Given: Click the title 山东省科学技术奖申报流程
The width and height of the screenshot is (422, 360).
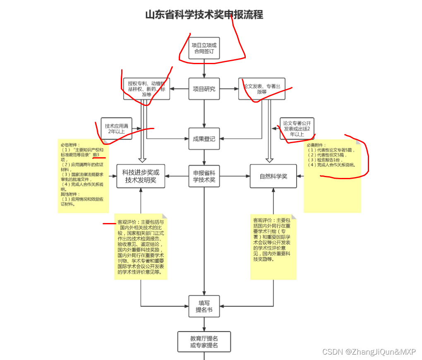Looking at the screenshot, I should [204, 15].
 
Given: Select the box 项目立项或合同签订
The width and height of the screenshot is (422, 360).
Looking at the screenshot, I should [204, 48].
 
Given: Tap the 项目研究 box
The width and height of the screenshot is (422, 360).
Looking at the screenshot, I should [204, 89].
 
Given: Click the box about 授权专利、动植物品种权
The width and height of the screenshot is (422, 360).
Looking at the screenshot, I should [146, 89].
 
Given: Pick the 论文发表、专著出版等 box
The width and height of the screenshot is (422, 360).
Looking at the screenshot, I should [261, 89].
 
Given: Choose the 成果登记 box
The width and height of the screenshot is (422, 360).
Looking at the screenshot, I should [204, 139].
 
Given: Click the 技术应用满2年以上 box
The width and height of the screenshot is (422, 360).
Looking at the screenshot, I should [116, 128].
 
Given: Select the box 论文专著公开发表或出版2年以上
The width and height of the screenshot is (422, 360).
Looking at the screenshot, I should [297, 128].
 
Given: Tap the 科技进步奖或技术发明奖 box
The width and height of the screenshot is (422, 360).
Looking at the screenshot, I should [141, 176].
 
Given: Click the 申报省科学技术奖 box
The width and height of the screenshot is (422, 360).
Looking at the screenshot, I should [204, 176].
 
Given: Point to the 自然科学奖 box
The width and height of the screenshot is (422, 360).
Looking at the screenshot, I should [273, 176].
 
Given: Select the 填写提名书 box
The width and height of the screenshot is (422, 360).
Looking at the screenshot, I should [204, 306].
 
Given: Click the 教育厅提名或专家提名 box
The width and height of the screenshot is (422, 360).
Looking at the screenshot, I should [204, 341].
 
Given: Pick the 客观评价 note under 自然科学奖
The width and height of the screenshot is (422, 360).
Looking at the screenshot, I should [273, 246].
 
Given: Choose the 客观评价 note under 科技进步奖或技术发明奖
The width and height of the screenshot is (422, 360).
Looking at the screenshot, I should [141, 246].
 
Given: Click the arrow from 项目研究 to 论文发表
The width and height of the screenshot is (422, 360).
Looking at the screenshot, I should [229, 89].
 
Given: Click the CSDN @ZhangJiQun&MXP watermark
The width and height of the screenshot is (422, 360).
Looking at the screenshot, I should [369, 352].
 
